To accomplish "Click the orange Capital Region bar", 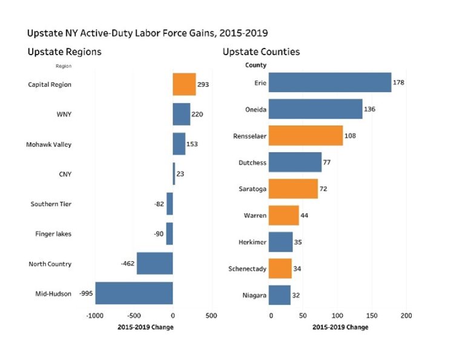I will point(184,84).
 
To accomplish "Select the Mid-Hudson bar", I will point(134,293).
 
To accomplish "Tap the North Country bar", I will point(154,264).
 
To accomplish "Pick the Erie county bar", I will point(329,82).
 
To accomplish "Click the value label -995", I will point(86,293).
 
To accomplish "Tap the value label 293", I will point(203,84).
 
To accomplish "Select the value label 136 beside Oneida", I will point(370,109).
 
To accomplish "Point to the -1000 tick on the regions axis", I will point(95,316).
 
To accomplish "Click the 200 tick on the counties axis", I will point(406,316).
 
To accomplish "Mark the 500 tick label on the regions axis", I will point(211,316).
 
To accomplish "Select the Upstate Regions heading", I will point(64,52).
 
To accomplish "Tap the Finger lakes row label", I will point(51,234).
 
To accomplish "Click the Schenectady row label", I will point(243,268).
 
